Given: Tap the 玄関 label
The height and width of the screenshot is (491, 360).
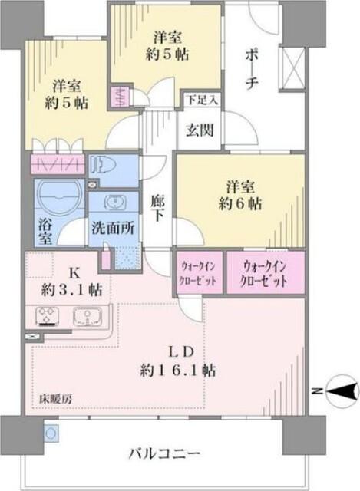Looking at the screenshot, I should [x=201, y=129].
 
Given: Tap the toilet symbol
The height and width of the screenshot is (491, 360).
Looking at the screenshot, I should [x=101, y=166].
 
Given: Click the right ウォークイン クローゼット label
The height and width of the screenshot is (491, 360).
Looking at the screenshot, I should [x=265, y=274].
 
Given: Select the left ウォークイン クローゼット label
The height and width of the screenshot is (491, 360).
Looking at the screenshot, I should [x=198, y=274].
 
